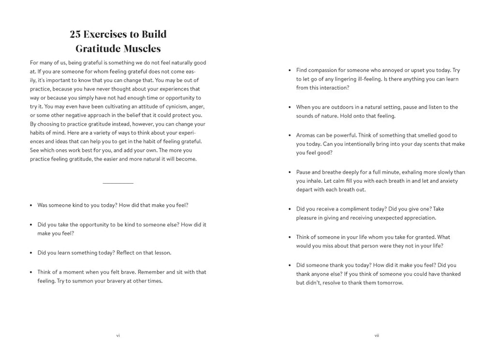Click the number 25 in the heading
[x=75, y=34]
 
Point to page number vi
[x=118, y=335]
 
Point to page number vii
[x=377, y=335]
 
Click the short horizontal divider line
[x=118, y=183]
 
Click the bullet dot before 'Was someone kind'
[x=31, y=205]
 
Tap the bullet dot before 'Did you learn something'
[x=31, y=253]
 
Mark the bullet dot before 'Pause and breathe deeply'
[x=290, y=173]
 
